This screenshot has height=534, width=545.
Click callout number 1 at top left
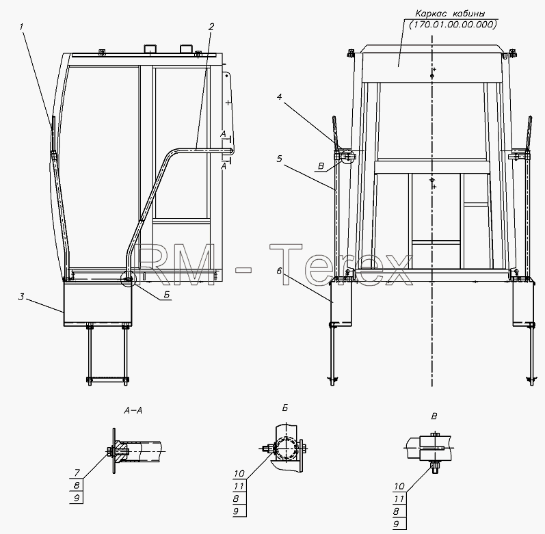pyautogui.click(x=22, y=27)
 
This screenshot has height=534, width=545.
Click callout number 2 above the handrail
pyautogui.click(x=211, y=27)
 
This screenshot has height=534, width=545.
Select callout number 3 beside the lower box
pyautogui.click(x=22, y=297)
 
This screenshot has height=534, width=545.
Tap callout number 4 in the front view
pyautogui.click(x=280, y=97)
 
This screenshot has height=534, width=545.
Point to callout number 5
pyautogui.click(x=280, y=159)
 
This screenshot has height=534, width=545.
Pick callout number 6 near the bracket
pyautogui.click(x=280, y=271)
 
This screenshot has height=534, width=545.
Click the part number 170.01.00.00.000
pyautogui.click(x=453, y=25)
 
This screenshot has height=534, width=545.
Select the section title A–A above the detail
pyautogui.click(x=133, y=411)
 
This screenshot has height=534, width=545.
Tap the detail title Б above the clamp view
pyautogui.click(x=285, y=408)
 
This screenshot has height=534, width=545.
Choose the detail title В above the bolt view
pyautogui.click(x=434, y=416)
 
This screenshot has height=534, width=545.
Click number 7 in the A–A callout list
pyautogui.click(x=77, y=472)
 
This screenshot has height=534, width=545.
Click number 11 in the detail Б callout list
pyautogui.click(x=239, y=486)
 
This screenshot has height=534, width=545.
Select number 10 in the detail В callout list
pyautogui.click(x=399, y=486)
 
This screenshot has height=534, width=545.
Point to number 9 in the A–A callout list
pyautogui.click(x=77, y=498)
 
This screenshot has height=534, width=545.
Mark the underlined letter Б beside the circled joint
pyautogui.click(x=167, y=295)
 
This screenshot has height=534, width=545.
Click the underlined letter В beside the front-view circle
pyautogui.click(x=321, y=166)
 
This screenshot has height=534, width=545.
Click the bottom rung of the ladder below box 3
pyautogui.click(x=108, y=379)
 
